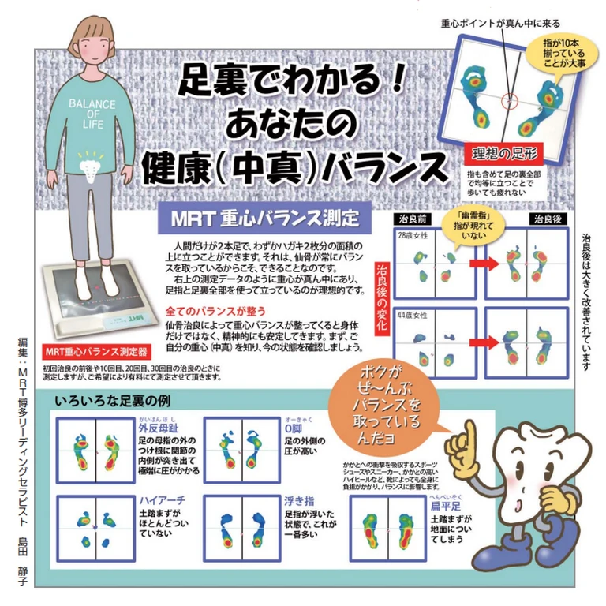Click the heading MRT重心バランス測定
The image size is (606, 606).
pos(260,216)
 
